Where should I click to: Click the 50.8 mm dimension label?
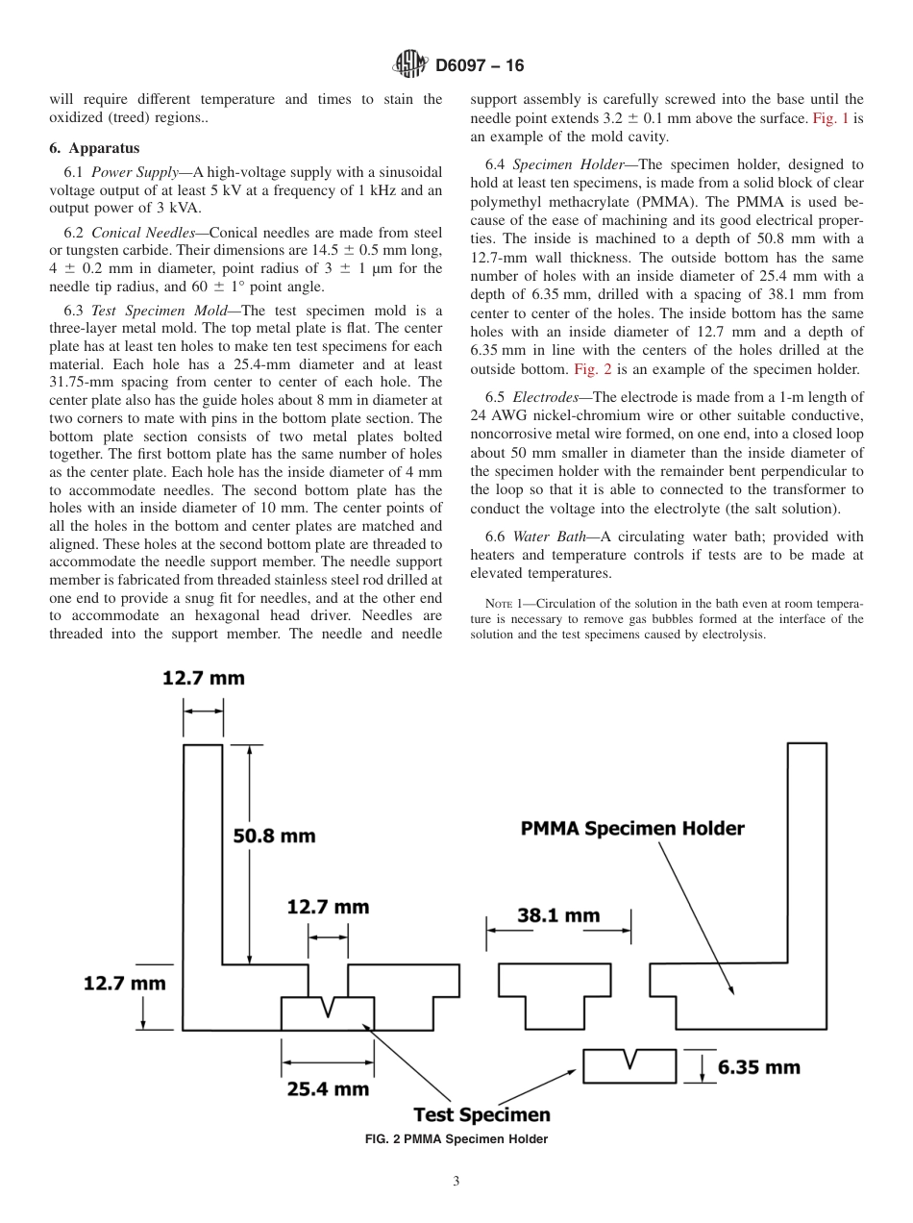[x=274, y=836]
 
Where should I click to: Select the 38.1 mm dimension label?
[x=558, y=915]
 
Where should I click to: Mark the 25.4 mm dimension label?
[x=328, y=1088]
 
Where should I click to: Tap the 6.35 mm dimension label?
[x=758, y=1066]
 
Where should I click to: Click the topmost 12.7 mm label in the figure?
[x=203, y=678]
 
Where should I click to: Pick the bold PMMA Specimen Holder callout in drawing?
[x=632, y=828]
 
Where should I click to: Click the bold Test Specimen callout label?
[x=481, y=1115]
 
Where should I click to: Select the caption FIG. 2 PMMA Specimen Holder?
[x=456, y=1139]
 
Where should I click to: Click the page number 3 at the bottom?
[x=456, y=1182]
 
